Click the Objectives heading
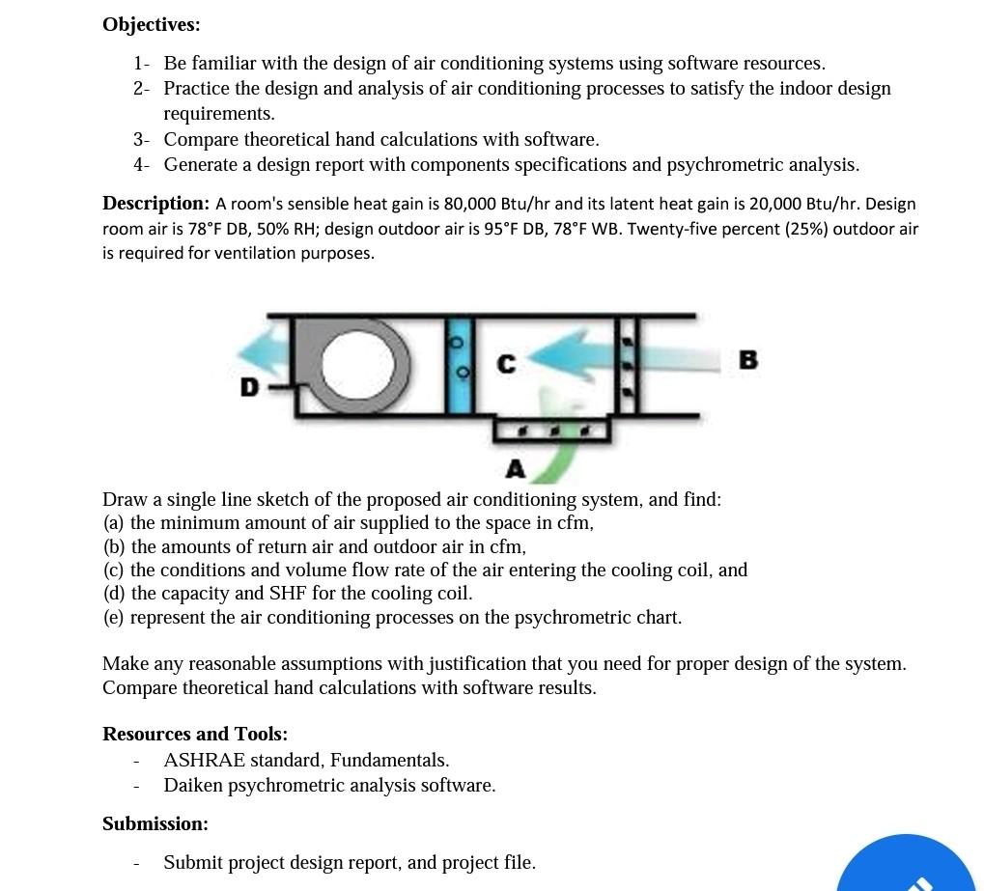click(x=151, y=25)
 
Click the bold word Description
click(x=155, y=204)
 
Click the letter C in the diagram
click(x=506, y=365)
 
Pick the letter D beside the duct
click(x=249, y=388)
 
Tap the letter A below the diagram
click(x=516, y=470)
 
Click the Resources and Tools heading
click(x=195, y=734)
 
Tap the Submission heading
click(x=155, y=823)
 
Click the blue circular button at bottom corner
click(x=906, y=867)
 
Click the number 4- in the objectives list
click(x=141, y=165)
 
